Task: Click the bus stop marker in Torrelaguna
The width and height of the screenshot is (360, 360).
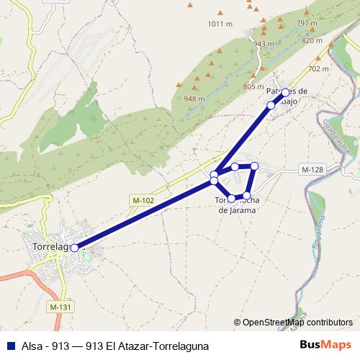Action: tap(74, 248)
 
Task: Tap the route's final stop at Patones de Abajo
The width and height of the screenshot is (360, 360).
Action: tap(285, 92)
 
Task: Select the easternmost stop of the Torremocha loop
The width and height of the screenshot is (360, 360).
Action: tap(254, 166)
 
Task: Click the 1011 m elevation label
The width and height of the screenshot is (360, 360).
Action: tap(220, 24)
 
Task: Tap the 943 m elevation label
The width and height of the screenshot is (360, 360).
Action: tap(264, 44)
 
